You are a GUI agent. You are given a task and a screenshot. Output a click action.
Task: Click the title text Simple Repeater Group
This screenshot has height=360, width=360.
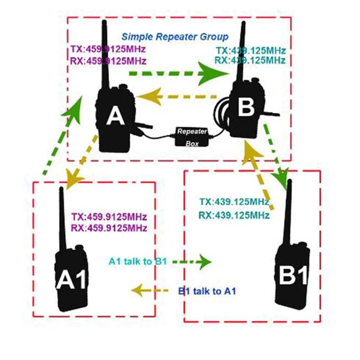click(175, 37)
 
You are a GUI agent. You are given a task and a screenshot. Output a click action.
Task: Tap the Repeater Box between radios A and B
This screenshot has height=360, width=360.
click(192, 136)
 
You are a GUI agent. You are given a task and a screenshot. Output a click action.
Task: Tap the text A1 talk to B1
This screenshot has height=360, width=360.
click(138, 261)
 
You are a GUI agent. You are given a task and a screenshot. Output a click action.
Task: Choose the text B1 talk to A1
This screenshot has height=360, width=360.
click(207, 291)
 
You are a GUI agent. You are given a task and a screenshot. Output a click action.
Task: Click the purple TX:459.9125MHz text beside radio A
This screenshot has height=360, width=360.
click(108, 49)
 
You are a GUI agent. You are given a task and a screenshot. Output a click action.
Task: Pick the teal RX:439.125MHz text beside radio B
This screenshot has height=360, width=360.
click(250, 60)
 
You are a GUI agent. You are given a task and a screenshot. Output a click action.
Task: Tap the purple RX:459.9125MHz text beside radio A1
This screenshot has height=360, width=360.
click(109, 228)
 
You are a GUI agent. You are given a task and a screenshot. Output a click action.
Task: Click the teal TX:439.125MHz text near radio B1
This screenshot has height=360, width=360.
click(234, 202)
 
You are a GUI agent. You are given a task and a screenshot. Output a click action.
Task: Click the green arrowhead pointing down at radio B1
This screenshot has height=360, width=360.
click(280, 177)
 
